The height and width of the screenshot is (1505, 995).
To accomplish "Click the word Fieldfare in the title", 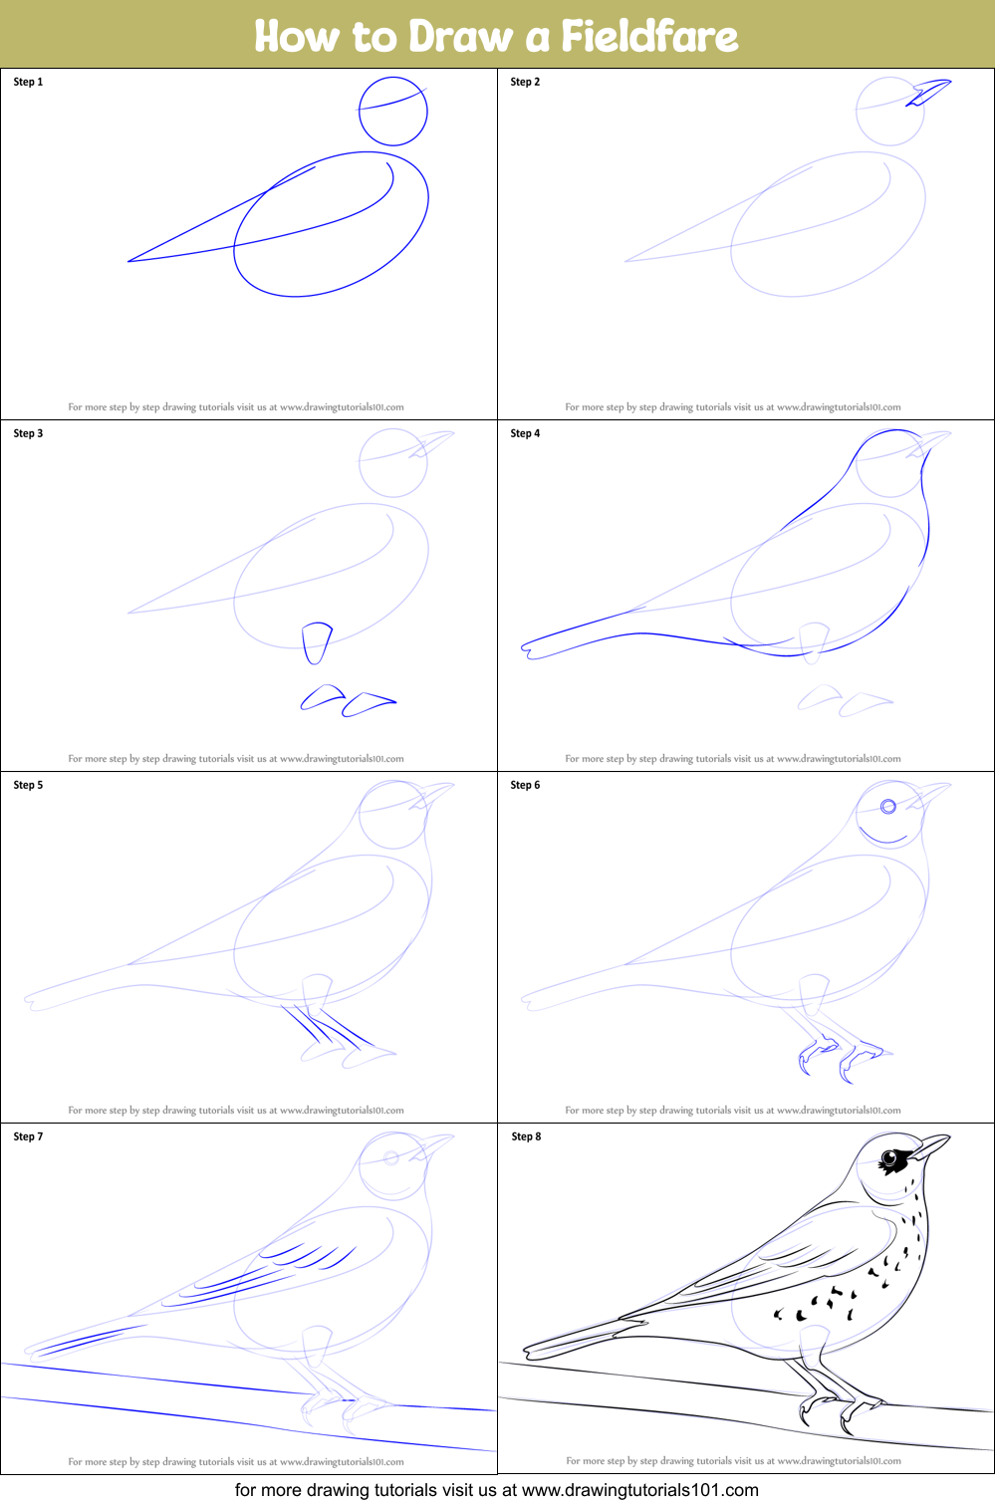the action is point(649,36).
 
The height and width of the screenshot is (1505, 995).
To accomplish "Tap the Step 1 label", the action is point(28,82).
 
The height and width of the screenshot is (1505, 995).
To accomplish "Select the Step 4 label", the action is point(525,433).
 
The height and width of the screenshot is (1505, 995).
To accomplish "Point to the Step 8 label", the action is point(526,1136).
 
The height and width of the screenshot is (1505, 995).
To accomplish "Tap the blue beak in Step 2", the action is point(928,92).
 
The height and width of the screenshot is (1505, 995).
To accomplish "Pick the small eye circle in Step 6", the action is point(888,806).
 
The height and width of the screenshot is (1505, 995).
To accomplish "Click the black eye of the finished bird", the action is point(889,1157).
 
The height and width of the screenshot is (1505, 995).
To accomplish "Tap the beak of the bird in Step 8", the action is point(931,1145).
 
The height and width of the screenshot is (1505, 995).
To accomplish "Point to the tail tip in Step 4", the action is point(525,649).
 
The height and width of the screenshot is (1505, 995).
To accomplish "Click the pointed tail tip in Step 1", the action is point(129,261).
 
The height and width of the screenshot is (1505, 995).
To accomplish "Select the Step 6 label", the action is point(525,785).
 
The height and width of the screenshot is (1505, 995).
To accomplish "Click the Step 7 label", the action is point(28,1136).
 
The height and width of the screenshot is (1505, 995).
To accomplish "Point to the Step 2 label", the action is point(525,82).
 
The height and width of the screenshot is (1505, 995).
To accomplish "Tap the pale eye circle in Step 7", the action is point(391,1157).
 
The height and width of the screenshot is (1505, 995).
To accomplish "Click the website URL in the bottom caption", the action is point(640,1489).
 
